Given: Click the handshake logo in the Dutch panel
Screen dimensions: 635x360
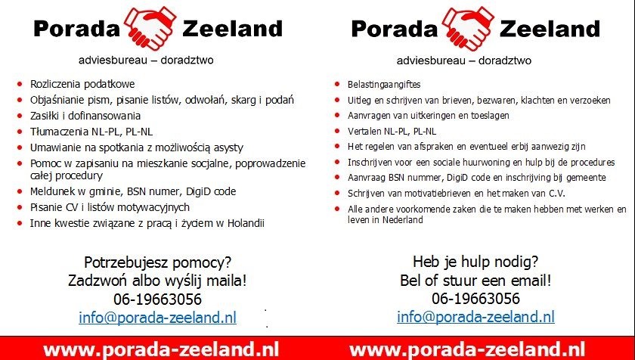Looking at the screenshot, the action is pyautogui.click(x=469, y=28).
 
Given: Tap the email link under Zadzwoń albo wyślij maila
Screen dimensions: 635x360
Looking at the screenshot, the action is pyautogui.click(x=157, y=318).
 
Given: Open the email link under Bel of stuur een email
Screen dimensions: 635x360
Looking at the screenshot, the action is pyautogui.click(x=475, y=317).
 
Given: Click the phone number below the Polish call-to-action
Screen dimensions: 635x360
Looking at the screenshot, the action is pyautogui.click(x=157, y=299).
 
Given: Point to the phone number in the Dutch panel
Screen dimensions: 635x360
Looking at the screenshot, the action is pyautogui.click(x=475, y=299).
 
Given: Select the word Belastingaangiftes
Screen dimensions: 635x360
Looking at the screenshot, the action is pyautogui.click(x=384, y=85).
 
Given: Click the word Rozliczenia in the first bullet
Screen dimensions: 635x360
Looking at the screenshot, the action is pyautogui.click(x=54, y=84).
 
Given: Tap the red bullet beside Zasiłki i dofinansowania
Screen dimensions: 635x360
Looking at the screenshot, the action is pyautogui.click(x=20, y=116).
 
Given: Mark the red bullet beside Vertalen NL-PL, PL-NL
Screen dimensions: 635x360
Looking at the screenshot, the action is pyautogui.click(x=337, y=131).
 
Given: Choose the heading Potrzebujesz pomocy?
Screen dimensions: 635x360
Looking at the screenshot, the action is pyautogui.click(x=157, y=262).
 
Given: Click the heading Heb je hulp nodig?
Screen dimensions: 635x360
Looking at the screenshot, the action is pyautogui.click(x=475, y=262).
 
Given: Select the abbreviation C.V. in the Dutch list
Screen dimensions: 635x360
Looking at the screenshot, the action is pyautogui.click(x=556, y=194).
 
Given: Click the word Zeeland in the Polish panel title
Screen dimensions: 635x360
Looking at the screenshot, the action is pyautogui.click(x=233, y=29).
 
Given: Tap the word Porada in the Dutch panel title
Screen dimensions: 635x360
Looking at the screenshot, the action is pyautogui.click(x=395, y=29).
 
